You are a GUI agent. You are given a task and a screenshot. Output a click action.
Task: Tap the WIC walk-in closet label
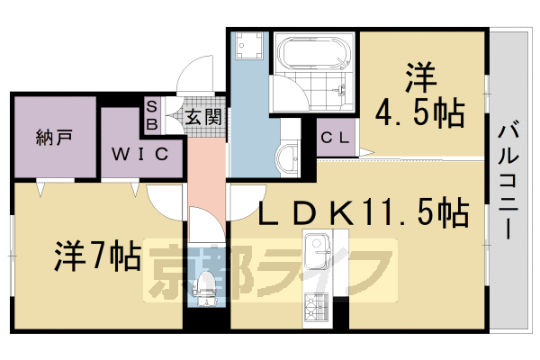click(x=139, y=153)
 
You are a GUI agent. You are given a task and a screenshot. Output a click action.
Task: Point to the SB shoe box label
click(x=152, y=114)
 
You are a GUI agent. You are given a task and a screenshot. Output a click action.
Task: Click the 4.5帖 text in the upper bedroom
click(x=420, y=113)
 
